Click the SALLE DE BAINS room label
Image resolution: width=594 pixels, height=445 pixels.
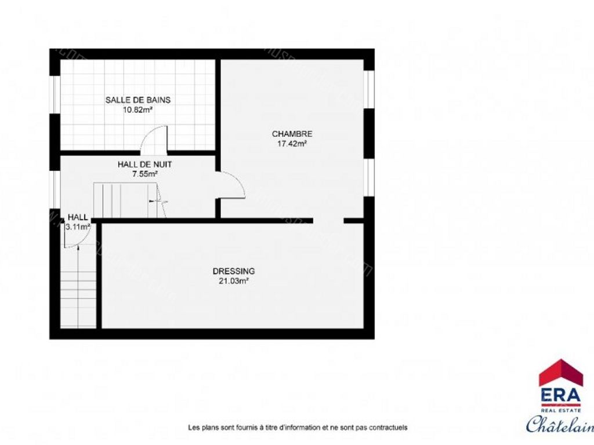click(x=138, y=100)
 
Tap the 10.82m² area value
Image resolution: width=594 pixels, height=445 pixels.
click(x=138, y=110)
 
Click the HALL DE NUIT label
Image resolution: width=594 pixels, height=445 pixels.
click(x=145, y=164)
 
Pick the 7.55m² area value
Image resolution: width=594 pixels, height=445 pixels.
click(x=145, y=173)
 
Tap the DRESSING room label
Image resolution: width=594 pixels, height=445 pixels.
click(x=234, y=271)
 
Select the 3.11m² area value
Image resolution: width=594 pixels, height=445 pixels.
click(x=78, y=227)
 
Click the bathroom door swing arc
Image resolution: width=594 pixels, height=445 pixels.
click(x=152, y=137)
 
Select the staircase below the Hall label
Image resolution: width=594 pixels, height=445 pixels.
click(x=78, y=290)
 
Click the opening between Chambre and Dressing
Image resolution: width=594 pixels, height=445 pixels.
click(x=328, y=221)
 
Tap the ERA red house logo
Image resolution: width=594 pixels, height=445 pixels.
click(x=560, y=373)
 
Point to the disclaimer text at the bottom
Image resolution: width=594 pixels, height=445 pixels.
click(x=298, y=428)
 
